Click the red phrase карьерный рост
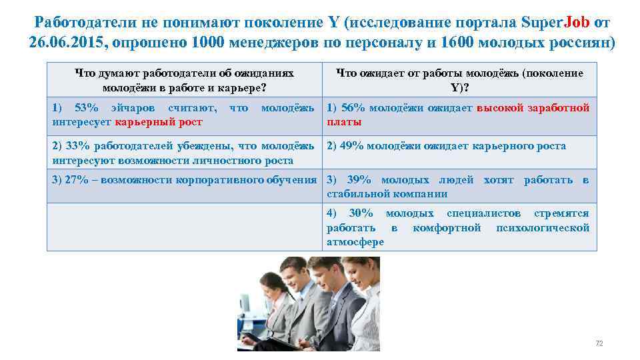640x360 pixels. click(159, 122)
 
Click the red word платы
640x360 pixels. click(345, 122)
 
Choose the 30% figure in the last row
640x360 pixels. click(361, 213)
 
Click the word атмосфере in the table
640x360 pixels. click(355, 242)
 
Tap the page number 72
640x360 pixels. click(599, 343)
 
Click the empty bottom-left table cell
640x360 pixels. click(184, 227)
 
